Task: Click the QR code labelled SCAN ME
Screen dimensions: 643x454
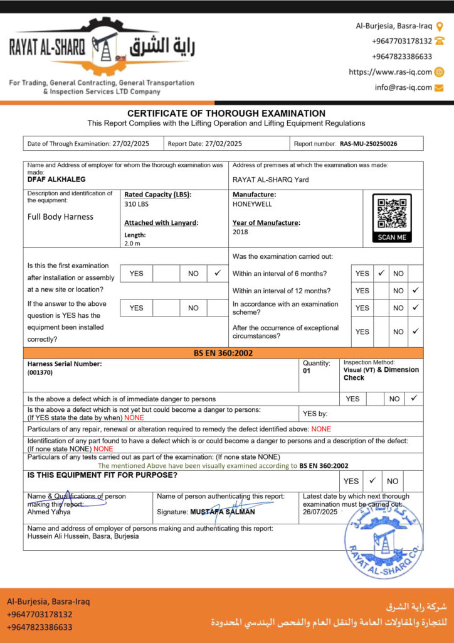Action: click(392, 214)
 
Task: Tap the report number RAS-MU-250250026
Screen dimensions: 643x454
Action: click(369, 144)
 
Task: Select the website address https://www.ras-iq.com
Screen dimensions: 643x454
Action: click(390, 72)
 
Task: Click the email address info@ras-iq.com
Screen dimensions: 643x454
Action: click(403, 87)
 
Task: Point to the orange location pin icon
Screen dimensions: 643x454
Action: click(440, 26)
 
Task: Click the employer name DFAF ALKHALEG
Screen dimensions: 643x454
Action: click(56, 180)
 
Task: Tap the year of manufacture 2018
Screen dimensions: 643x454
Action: click(240, 232)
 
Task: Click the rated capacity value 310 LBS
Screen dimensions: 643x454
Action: click(137, 204)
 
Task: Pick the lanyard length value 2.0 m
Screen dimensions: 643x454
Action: click(133, 243)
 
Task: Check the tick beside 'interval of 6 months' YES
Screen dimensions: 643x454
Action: click(381, 273)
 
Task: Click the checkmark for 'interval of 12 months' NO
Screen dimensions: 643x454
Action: click(415, 291)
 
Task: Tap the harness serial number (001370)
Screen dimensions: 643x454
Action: click(40, 372)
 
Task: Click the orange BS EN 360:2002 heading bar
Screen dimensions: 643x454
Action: click(223, 353)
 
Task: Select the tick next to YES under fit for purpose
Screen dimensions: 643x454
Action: click(372, 480)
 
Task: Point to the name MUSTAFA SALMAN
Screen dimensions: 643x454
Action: click(223, 512)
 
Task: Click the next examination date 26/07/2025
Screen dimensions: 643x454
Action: click(320, 512)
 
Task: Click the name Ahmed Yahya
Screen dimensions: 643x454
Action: click(49, 512)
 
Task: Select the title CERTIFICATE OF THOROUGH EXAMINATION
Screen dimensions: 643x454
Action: click(226, 114)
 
